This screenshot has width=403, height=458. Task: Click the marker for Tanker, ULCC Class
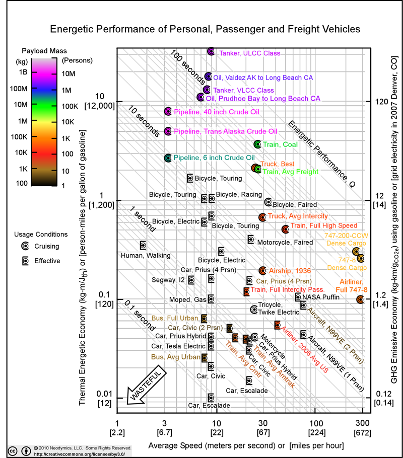click(x=211, y=51)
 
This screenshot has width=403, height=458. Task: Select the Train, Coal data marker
click(x=257, y=144)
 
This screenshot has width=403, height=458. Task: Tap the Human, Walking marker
click(x=143, y=245)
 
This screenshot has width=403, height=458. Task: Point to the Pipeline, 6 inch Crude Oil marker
click(x=168, y=158)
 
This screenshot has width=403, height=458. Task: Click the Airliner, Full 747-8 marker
click(x=360, y=299)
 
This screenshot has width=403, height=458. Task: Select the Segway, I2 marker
click(x=191, y=280)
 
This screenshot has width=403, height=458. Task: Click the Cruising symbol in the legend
click(x=25, y=246)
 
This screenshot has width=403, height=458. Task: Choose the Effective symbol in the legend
click(x=25, y=261)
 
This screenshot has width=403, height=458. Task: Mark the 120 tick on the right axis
click(x=382, y=101)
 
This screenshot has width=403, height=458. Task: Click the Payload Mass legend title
click(x=44, y=51)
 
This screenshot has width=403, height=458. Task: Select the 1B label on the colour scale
click(x=22, y=72)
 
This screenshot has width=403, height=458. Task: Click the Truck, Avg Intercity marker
click(x=262, y=217)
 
